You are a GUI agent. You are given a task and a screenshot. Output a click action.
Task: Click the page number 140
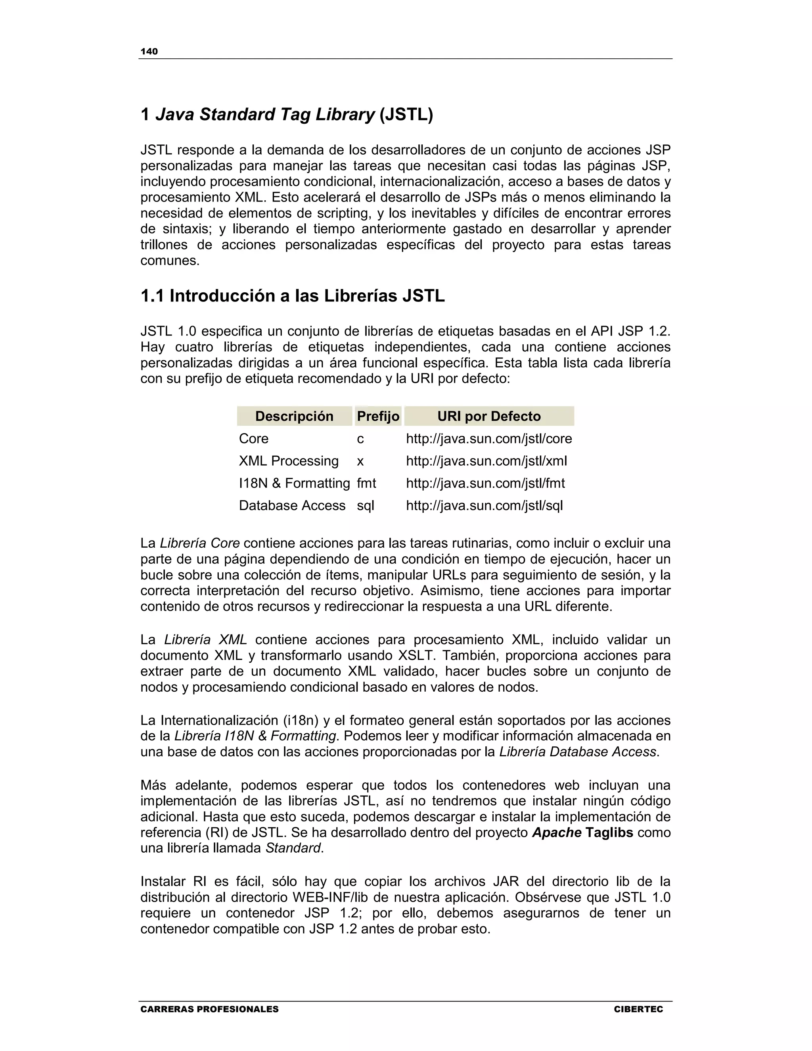(x=149, y=52)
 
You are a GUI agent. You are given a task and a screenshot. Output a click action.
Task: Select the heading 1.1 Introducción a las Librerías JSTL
(x=293, y=295)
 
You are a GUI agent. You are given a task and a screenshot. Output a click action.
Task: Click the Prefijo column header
(x=378, y=416)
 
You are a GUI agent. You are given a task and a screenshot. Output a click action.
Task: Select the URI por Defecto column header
(x=489, y=416)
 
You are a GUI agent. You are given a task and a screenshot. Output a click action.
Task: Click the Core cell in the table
(x=253, y=439)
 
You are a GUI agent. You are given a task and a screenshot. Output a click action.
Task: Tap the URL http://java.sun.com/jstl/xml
(x=486, y=461)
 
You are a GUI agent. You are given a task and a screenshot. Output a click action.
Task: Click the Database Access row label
(x=292, y=506)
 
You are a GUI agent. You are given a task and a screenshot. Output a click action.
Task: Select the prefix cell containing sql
(x=365, y=506)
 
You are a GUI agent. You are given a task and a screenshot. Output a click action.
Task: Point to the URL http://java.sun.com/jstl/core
(x=489, y=439)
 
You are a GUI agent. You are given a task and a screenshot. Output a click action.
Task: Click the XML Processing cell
(x=289, y=461)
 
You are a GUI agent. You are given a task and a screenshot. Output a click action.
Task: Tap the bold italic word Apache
(x=557, y=833)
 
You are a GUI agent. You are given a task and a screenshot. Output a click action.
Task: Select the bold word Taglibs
(x=609, y=833)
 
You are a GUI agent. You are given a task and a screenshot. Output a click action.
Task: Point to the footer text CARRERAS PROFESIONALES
(x=209, y=1009)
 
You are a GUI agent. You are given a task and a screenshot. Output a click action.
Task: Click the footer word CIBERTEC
(x=638, y=1009)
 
